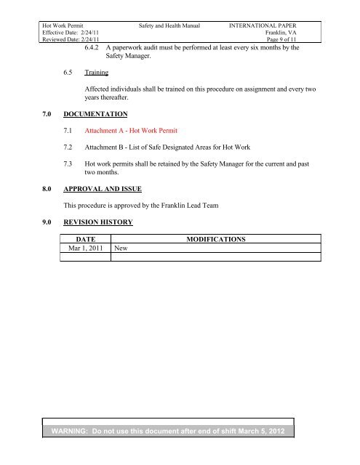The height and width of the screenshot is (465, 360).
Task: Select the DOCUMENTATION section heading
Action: tap(95, 114)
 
